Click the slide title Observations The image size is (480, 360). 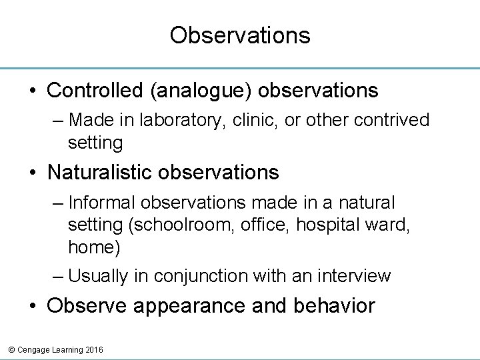(240, 35)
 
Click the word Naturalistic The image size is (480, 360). (100, 173)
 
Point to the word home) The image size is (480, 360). (94, 248)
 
